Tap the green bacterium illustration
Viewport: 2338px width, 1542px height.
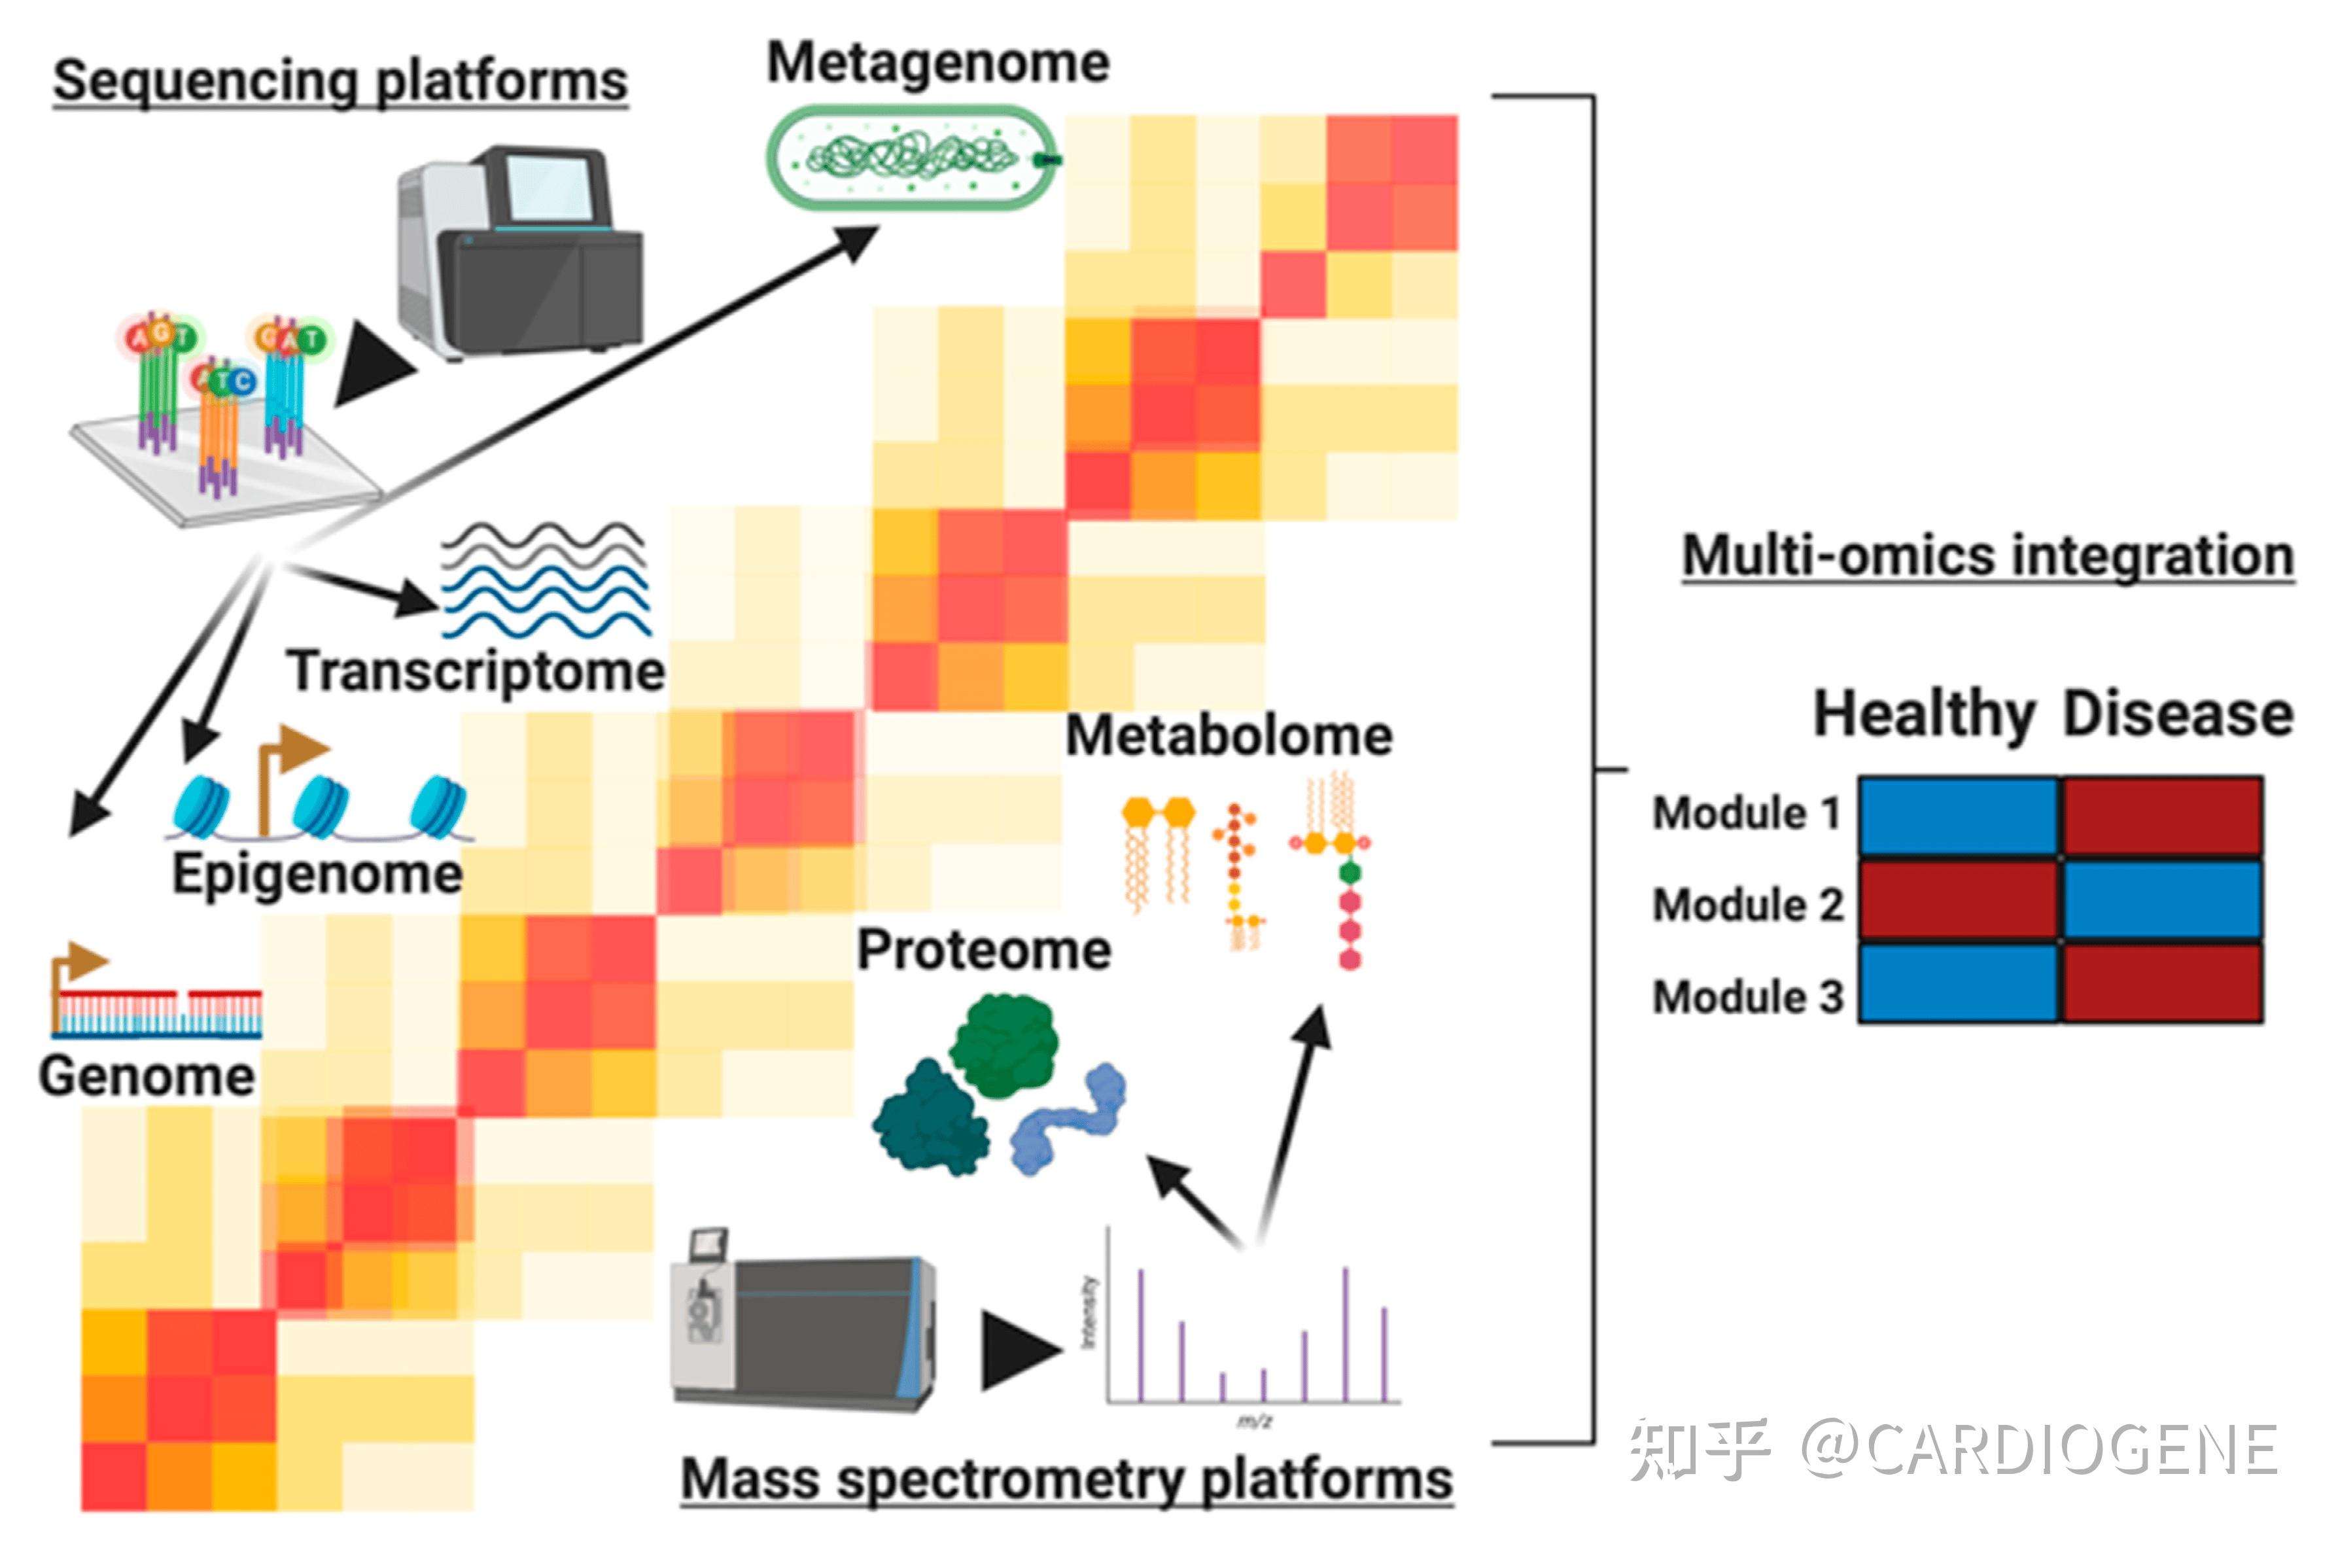pos(909,158)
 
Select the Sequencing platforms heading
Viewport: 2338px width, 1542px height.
pos(340,80)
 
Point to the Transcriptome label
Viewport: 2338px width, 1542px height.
pos(476,672)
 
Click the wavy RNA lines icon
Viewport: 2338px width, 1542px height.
pos(546,580)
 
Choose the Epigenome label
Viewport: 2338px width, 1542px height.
pos(317,873)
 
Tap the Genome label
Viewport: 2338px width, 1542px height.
pos(147,1075)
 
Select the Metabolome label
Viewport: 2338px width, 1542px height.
pos(1229,735)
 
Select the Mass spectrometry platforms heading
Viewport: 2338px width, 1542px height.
pos(1067,1478)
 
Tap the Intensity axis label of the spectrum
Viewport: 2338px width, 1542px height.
pos(1089,1313)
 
